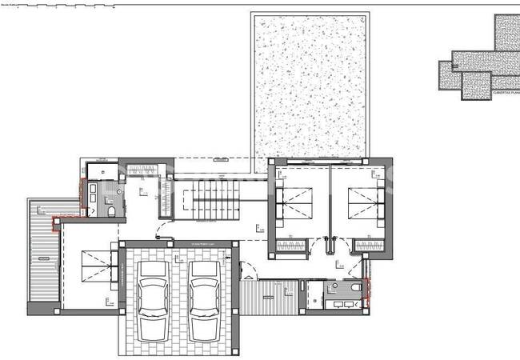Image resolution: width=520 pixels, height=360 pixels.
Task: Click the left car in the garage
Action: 152,288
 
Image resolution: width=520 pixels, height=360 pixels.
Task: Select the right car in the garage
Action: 205,288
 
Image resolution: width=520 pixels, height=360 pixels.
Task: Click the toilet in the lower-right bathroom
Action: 355,288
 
